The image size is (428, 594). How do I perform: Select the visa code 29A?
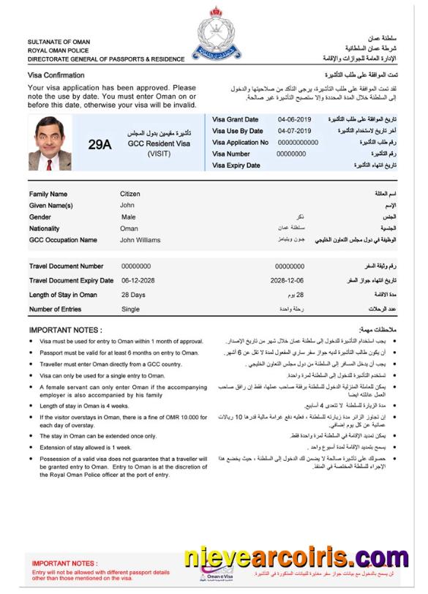100,144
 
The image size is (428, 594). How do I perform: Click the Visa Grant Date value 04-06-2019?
294,119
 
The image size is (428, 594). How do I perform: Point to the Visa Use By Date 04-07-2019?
294,131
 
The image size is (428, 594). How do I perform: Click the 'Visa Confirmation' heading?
56,75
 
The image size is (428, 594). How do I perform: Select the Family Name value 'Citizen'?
130,194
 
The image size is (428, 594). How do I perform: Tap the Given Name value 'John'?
127,206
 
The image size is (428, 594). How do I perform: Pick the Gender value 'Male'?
128,217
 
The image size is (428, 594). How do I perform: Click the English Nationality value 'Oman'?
129,229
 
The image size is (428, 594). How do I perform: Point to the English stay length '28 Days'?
133,295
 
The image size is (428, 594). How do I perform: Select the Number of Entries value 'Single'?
130,309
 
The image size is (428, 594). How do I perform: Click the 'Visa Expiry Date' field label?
236,165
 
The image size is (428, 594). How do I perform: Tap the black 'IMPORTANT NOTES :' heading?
65,330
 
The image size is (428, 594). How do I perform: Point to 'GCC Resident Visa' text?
159,144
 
